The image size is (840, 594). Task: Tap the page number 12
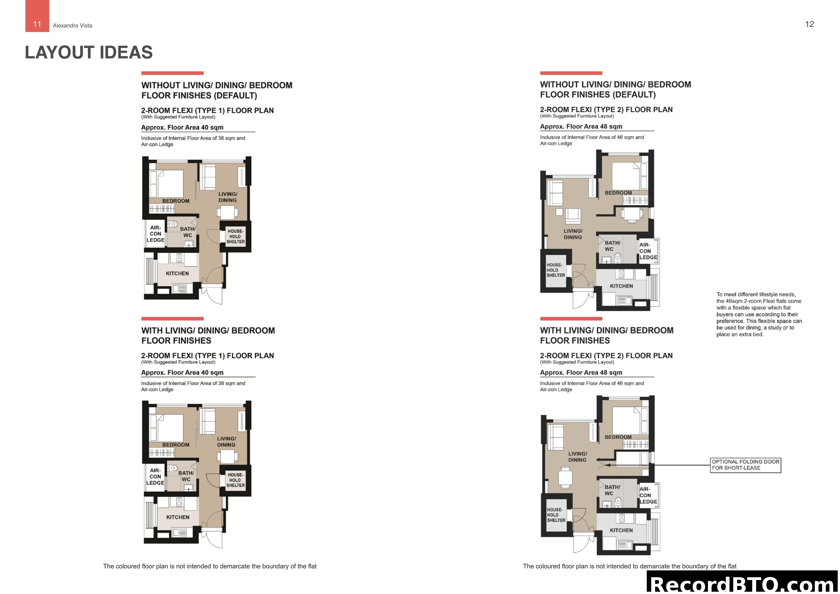[x=809, y=24]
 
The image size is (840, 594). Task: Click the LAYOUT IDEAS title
[x=89, y=52]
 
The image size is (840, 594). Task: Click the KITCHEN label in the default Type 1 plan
[x=177, y=274]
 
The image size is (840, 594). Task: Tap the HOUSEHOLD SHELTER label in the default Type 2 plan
[x=555, y=270]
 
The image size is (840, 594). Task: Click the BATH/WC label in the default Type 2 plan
[x=612, y=246]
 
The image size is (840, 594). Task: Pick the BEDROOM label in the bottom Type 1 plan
[x=176, y=445]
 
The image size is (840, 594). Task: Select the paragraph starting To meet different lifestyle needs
[x=759, y=314]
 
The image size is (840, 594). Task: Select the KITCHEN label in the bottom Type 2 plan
[x=621, y=530]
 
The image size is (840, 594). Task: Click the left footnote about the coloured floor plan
[x=210, y=566]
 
